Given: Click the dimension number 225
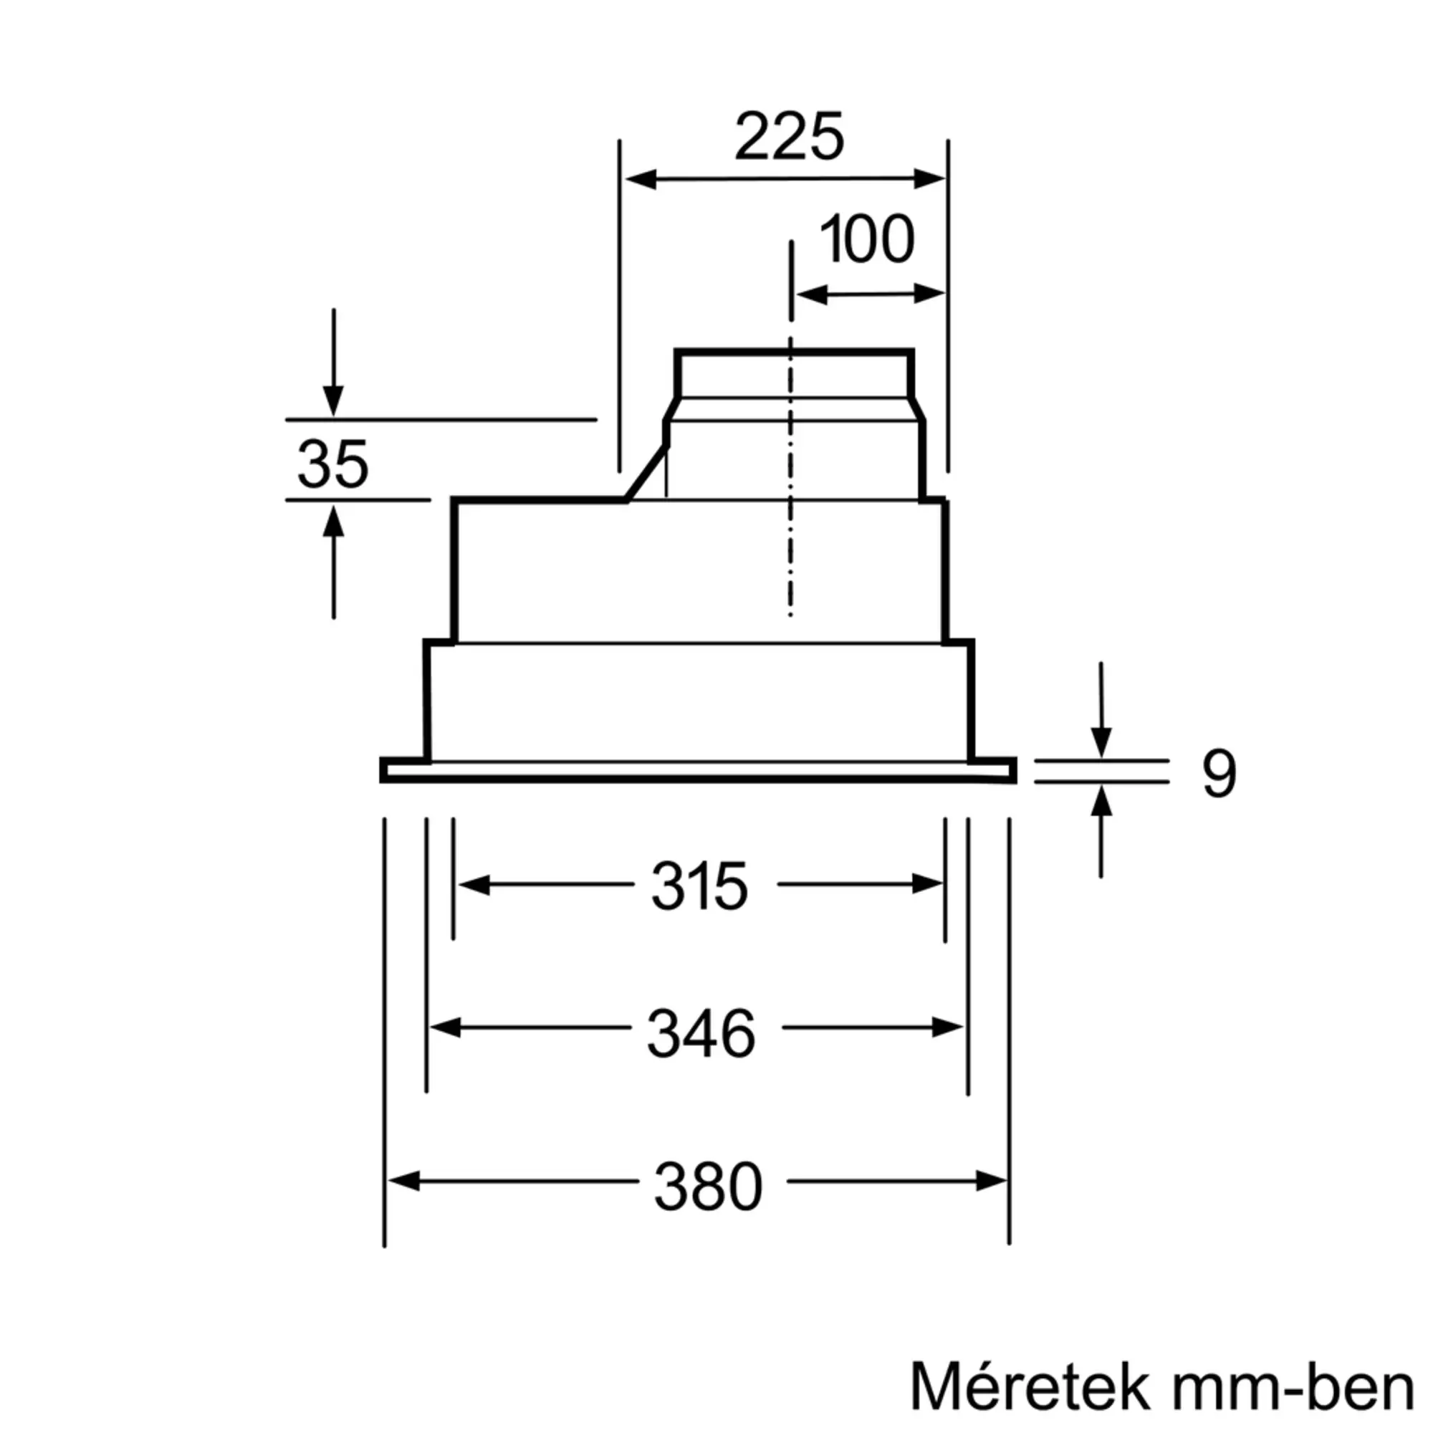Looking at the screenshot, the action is click(789, 136).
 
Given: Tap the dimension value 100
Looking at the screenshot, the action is click(867, 239).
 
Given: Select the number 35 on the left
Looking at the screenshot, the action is click(333, 464).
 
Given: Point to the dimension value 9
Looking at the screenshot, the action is click(1219, 774).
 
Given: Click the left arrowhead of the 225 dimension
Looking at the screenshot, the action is click(641, 178).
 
